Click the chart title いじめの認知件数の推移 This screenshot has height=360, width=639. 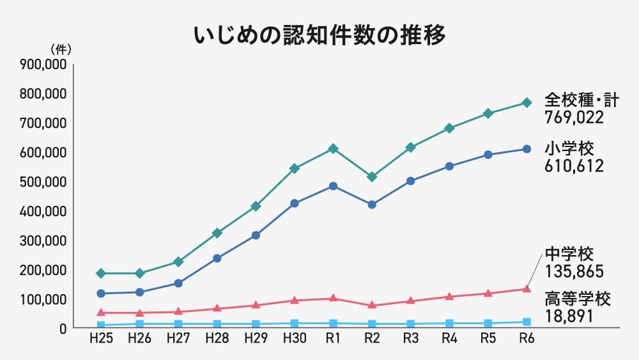click(319, 35)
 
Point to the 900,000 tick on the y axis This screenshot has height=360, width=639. click(43, 65)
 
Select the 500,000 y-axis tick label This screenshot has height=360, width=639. click(43, 182)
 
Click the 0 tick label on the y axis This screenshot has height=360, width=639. click(63, 329)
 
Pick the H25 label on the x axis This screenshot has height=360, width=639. click(101, 340)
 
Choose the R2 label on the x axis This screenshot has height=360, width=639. click(372, 340)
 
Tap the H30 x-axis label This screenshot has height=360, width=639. click(295, 340)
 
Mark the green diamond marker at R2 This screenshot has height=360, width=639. click(372, 176)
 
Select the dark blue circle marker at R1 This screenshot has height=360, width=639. click(333, 186)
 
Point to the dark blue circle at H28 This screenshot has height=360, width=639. click(217, 258)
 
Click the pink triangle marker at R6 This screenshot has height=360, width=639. click(527, 289)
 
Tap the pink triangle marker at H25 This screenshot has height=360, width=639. click(101, 313)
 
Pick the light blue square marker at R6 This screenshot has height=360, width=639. click(527, 322)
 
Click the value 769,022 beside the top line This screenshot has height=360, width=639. click(574, 118)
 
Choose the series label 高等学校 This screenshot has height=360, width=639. click(578, 299)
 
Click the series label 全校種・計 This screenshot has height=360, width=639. click(582, 100)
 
